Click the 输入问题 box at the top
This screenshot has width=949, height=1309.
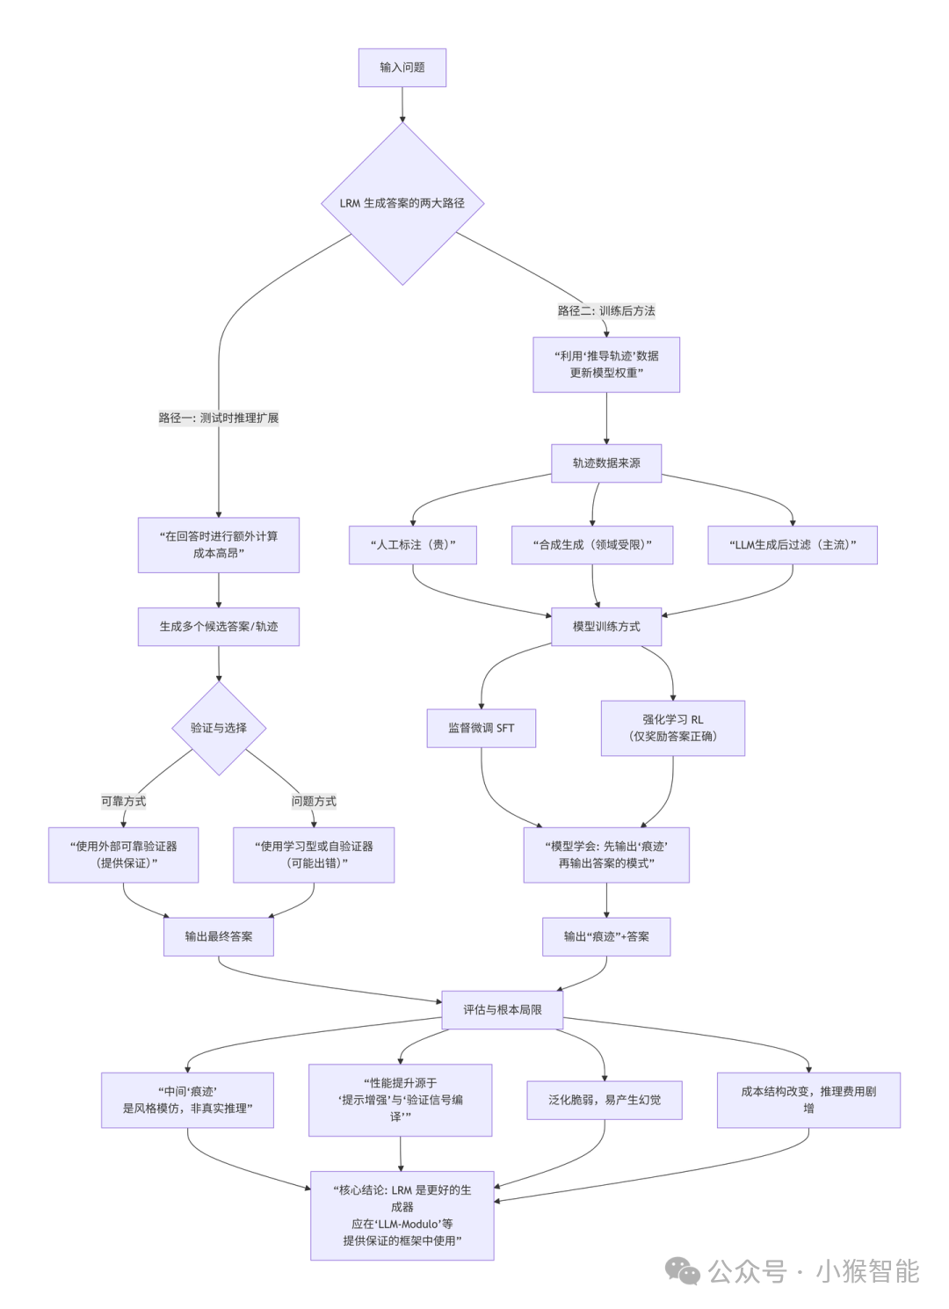click(x=402, y=68)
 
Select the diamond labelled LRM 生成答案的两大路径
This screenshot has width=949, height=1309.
click(x=402, y=203)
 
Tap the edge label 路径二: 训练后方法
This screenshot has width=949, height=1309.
click(x=605, y=310)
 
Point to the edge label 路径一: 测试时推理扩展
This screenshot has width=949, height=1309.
click(x=218, y=418)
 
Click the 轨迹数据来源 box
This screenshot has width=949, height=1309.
click(x=606, y=463)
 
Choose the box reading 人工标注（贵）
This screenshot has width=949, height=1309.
click(x=413, y=545)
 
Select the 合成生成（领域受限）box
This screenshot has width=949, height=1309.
click(x=592, y=545)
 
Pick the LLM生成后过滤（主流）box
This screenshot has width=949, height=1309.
click(x=792, y=545)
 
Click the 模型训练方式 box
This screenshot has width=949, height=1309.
click(x=606, y=627)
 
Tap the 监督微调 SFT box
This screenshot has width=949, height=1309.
click(x=481, y=728)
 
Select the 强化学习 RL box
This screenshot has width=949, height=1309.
click(x=672, y=728)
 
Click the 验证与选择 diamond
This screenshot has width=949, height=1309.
click(x=218, y=728)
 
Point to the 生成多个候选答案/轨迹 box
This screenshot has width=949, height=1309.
click(x=218, y=627)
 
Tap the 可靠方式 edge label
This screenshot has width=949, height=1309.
click(x=123, y=801)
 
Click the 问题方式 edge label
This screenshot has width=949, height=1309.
click(x=314, y=801)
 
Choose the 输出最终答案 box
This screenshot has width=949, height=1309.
click(x=218, y=937)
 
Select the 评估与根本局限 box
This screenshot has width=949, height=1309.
click(x=502, y=1010)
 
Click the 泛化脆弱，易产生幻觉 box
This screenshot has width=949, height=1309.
click(x=604, y=1100)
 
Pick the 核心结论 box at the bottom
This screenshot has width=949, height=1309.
click(x=402, y=1215)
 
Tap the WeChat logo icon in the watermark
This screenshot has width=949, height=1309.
click(x=682, y=1271)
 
